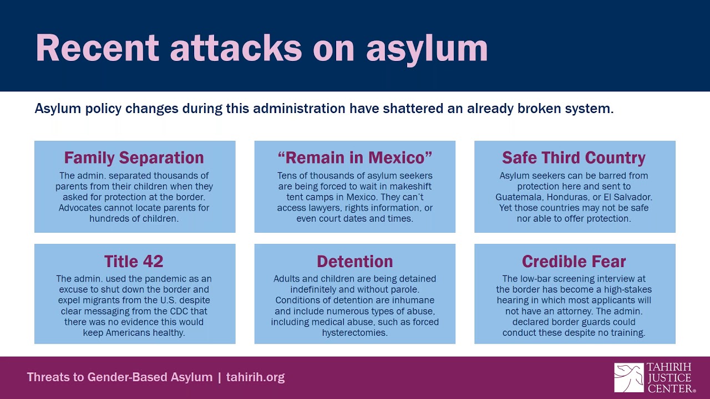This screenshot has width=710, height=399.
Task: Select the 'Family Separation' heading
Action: click(x=134, y=158)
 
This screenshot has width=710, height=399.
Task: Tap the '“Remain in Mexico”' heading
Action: click(x=354, y=158)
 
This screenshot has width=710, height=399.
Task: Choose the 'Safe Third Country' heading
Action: click(x=574, y=158)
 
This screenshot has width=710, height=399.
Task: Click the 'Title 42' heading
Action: click(x=134, y=261)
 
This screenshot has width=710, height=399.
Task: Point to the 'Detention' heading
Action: click(x=354, y=261)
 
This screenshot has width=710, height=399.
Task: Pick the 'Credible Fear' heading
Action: click(x=574, y=261)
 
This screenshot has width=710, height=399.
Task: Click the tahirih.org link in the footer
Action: click(x=255, y=377)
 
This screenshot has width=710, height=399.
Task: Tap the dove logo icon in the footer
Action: click(x=628, y=377)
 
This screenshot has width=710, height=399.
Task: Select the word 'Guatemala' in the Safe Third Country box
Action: click(x=518, y=197)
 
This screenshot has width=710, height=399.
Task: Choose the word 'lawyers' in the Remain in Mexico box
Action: click(x=325, y=208)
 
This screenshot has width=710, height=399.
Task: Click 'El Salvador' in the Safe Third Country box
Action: click(x=628, y=197)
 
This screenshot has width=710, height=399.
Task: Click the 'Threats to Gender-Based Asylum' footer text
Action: click(x=120, y=377)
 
